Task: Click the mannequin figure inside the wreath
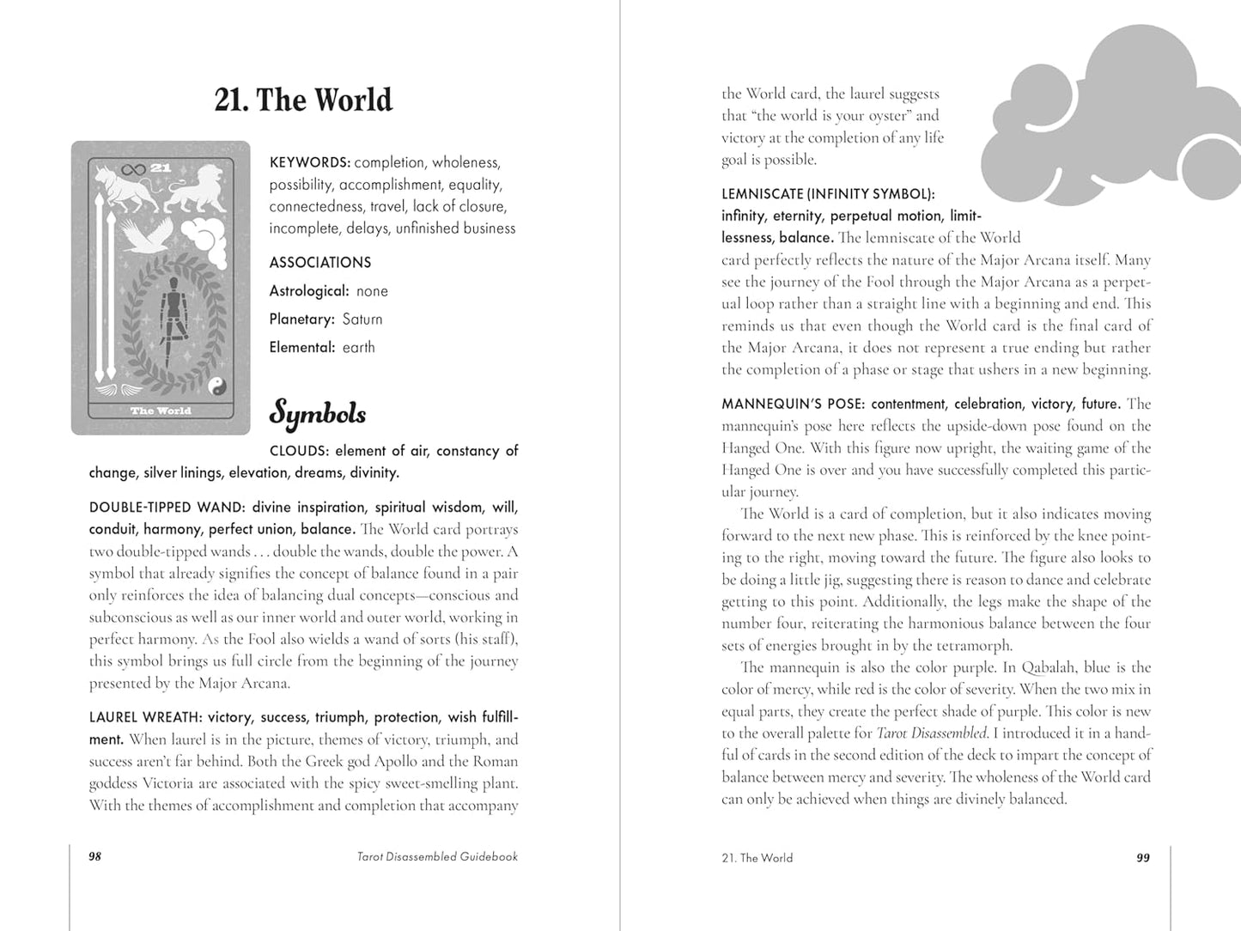coord(175,313)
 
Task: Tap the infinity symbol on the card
coord(131,168)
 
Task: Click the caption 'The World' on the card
coord(161,411)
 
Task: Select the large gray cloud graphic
coord(1116,120)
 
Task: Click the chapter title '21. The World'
coord(303,100)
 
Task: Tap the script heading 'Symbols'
coord(318,414)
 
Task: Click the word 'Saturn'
coord(362,319)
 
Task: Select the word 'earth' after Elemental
coord(358,348)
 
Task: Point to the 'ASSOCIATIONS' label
coord(320,263)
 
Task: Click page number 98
coord(95,856)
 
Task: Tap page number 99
coord(1142,857)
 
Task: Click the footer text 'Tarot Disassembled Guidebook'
coord(437,856)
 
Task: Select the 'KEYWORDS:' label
coord(309,162)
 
